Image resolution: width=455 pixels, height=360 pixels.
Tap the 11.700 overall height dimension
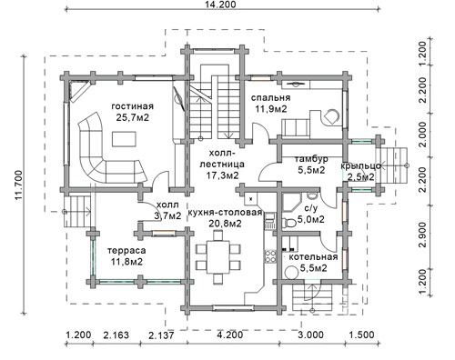click(18, 185)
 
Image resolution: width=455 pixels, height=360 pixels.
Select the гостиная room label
click(133, 106)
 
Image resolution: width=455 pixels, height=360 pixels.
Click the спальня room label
click(270, 98)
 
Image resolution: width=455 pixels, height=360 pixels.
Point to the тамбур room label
click(311, 159)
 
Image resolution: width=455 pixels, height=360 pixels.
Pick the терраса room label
click(126, 251)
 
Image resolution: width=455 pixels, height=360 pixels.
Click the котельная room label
click(313, 257)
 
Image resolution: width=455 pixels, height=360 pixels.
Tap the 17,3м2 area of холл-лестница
click(222, 175)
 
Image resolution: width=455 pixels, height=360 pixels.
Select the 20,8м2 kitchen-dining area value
click(225, 224)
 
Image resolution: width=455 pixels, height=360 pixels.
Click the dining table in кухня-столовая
click(218, 256)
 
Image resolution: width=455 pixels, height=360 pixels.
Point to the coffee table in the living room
click(124, 139)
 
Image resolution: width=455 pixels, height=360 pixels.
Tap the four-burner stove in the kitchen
click(270, 256)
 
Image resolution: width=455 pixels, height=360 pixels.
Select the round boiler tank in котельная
click(291, 272)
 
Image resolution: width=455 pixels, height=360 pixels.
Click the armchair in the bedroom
click(331, 116)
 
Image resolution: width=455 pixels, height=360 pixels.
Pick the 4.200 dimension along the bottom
click(229, 335)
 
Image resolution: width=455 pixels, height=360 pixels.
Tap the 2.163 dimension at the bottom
click(116, 335)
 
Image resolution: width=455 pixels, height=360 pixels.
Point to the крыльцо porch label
click(360, 166)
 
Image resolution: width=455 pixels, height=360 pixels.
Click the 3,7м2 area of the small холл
click(167, 215)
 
